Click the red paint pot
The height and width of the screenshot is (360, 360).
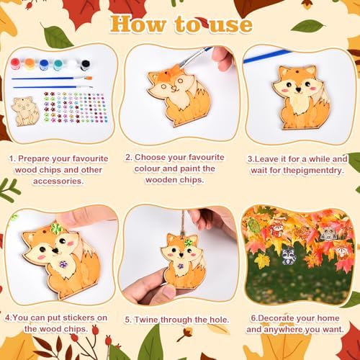coord(16,64)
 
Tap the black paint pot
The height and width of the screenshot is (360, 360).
coord(85,64)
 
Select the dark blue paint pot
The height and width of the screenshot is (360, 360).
coord(44,65)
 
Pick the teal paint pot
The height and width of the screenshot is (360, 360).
coord(58,65)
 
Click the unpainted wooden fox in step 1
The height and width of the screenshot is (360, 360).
coord(25,112)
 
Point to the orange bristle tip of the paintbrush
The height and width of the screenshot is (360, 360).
coord(89,78)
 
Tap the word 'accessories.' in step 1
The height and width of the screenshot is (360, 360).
coord(58,181)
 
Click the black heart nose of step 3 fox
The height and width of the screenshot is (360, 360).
coord(298,90)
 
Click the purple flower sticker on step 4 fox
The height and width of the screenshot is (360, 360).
coord(63,265)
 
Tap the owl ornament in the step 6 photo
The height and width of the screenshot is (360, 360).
coord(328,233)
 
